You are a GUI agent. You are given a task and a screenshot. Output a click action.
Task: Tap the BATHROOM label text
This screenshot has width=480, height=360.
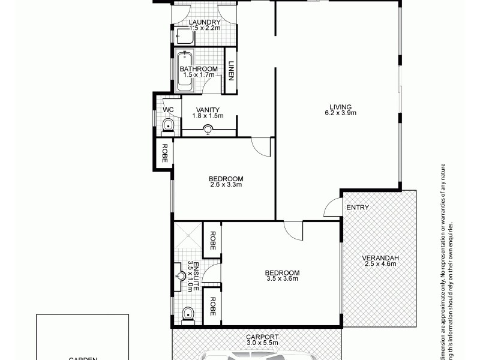tap(199, 69)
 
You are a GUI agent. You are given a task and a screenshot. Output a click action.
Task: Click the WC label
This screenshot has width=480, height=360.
tap(168, 109)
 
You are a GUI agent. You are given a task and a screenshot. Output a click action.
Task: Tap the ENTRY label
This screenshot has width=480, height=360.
tap(357, 208)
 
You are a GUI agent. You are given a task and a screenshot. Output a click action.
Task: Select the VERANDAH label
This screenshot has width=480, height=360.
tap(380, 259)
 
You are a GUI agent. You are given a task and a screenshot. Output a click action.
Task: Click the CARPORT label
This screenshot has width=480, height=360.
tap(262, 337)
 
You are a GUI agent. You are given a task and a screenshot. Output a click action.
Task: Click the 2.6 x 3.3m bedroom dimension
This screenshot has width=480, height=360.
tap(226, 185)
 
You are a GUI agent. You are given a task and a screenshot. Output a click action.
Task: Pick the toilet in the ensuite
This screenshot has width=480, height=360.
tap(187, 313)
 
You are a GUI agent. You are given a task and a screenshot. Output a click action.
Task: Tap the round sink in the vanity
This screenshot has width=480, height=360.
tap(208, 128)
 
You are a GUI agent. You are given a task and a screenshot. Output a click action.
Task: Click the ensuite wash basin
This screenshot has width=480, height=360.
tap(181, 277)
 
